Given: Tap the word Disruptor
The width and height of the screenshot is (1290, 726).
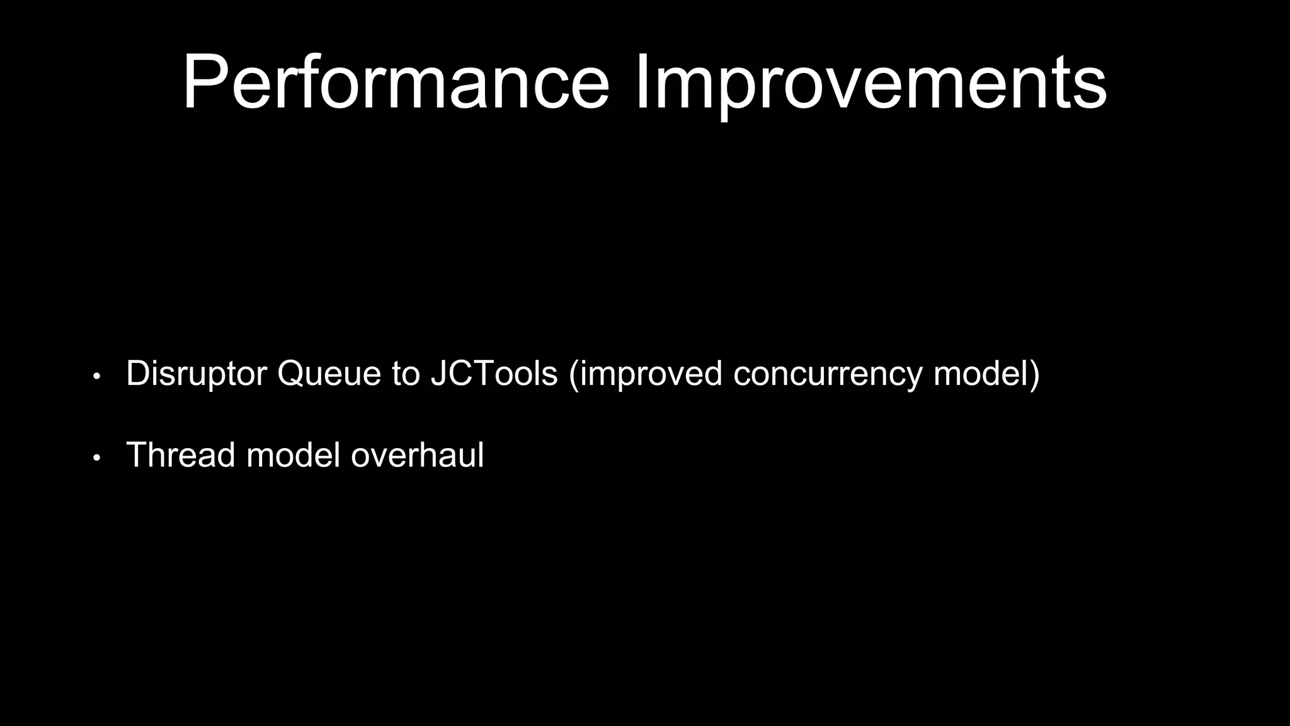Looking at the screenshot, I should click(x=196, y=373).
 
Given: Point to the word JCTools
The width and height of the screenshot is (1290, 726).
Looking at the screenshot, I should click(x=494, y=373).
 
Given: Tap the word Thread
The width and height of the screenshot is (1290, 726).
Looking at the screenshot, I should click(x=181, y=454).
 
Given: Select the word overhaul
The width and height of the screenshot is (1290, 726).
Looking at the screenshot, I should click(x=417, y=454).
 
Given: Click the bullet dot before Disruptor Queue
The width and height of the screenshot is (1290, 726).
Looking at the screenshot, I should click(x=96, y=377).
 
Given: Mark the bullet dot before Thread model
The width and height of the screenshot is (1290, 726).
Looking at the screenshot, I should click(x=96, y=458).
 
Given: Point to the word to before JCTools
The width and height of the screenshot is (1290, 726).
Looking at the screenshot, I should click(x=405, y=373).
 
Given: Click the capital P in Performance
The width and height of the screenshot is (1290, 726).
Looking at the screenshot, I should click(x=205, y=82).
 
